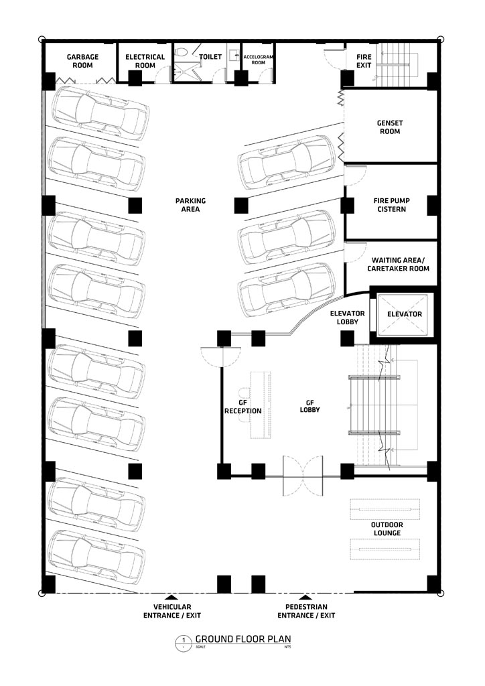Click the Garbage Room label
coord(82,62)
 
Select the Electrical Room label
coord(145,62)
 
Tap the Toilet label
coord(210,58)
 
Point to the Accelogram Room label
coord(256,62)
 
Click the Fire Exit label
coord(364,62)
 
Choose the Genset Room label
coord(390,127)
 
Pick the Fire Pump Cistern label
coord(390,204)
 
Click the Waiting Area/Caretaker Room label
coord(400,263)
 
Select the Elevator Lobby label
coord(347,318)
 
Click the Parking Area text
coord(190,205)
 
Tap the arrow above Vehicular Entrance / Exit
coord(171,596)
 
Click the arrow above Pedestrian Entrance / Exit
coord(306,596)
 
